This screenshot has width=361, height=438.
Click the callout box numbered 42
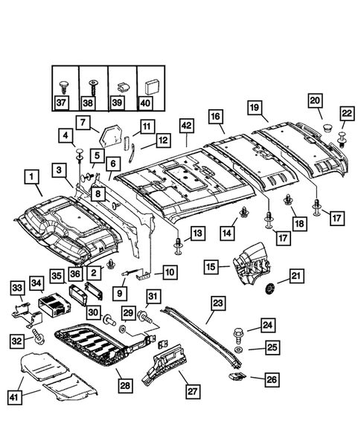pos(187,126)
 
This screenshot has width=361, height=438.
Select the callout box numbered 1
pos(32,176)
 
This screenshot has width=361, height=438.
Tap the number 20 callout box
pos(315,100)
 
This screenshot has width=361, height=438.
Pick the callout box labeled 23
pos(218,304)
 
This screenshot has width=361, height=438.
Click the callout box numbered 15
pos(211,266)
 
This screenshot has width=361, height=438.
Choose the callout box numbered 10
pos(170,271)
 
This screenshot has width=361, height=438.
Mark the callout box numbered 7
pos(83,123)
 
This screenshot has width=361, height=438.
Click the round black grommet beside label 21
pos(270,289)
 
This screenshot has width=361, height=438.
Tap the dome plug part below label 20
pos(327,128)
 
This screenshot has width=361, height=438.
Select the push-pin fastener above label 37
pos(64,87)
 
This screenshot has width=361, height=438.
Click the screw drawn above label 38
pos(93,87)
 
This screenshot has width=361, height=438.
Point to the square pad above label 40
pos(151,87)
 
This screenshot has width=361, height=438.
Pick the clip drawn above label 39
pos(122,87)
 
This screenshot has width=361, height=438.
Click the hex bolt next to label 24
pos(238,335)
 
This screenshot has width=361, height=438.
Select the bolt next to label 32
pos(38,336)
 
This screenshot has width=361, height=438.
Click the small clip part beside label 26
pos(237,377)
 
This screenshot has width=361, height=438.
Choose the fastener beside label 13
pos(179,246)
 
